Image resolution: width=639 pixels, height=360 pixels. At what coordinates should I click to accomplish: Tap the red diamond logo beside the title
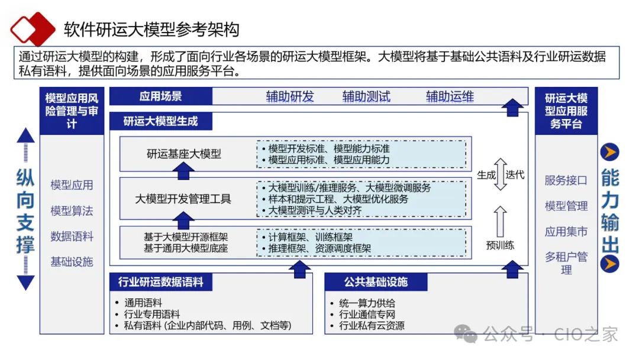(33, 28)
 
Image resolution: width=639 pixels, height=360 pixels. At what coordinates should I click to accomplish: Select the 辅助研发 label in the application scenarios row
(290, 97)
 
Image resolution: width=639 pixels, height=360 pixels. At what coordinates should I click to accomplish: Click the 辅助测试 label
(366, 97)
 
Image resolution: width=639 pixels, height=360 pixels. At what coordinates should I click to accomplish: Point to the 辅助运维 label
(450, 97)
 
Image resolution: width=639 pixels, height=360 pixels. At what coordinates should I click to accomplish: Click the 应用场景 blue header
(160, 96)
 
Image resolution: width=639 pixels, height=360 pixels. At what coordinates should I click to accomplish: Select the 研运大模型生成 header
(160, 121)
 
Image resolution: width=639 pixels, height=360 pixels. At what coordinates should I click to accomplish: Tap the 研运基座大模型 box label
(184, 154)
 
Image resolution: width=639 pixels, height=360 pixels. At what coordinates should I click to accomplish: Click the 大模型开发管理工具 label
(183, 198)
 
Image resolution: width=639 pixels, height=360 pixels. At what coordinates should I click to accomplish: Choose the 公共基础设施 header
(376, 282)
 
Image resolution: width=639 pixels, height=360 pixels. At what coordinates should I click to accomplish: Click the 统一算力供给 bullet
(367, 303)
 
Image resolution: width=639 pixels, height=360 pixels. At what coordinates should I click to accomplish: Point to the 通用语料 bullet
(143, 303)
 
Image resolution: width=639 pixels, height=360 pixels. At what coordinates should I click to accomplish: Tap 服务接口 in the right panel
(566, 181)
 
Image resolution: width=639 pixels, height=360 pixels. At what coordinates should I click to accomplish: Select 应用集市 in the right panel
(566, 232)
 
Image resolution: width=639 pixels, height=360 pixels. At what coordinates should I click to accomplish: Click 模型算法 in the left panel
(72, 211)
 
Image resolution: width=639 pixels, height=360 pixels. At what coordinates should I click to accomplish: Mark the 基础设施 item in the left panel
(72, 262)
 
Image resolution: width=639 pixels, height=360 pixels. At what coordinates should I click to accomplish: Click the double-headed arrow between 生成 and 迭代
(501, 174)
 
